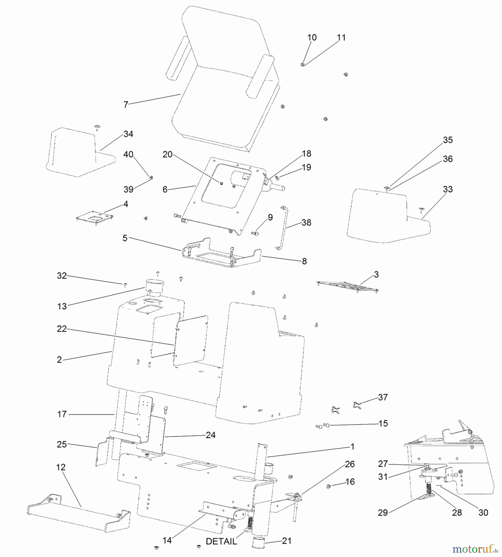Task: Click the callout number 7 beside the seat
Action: click(x=126, y=105)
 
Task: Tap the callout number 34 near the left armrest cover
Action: click(x=128, y=134)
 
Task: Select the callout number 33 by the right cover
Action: click(x=448, y=189)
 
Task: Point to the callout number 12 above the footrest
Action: click(x=61, y=467)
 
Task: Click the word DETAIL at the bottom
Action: click(x=221, y=541)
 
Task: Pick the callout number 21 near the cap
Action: click(x=287, y=541)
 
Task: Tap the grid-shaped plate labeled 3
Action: click(x=347, y=287)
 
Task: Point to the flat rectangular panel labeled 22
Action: click(x=191, y=341)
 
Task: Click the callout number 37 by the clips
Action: click(x=383, y=397)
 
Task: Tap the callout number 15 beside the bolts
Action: click(x=383, y=423)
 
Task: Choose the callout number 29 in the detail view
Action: click(x=383, y=512)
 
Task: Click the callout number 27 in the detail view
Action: click(x=383, y=464)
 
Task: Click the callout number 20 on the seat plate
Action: click(x=167, y=154)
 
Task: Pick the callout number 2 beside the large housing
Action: click(x=59, y=360)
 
